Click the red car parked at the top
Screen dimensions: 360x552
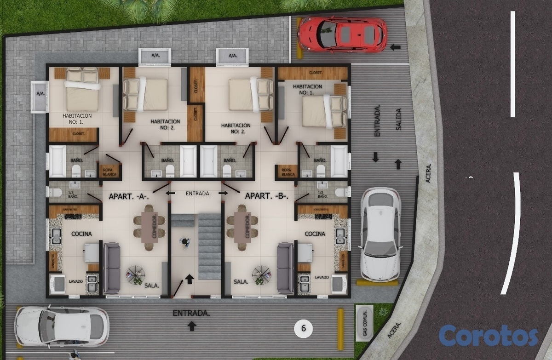pos(342,34)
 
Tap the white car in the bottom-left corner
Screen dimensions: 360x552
pos(62,326)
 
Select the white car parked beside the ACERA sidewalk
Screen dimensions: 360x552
pos(380,234)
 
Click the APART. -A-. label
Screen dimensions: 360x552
pos(128,196)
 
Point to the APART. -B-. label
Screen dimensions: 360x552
pos(267,196)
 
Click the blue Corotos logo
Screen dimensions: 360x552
pos(488,336)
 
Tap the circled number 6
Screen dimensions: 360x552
pos(304,328)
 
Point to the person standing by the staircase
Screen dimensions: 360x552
pos(185,242)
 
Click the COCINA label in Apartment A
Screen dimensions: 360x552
pos(81,234)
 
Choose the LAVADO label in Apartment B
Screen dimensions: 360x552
pos(322,278)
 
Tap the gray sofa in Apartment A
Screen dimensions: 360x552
pos(111,269)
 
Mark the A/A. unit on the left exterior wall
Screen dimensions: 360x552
pos(40,97)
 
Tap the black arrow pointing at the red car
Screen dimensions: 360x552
pos(395,46)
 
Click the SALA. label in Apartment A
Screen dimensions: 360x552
pos(151,286)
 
